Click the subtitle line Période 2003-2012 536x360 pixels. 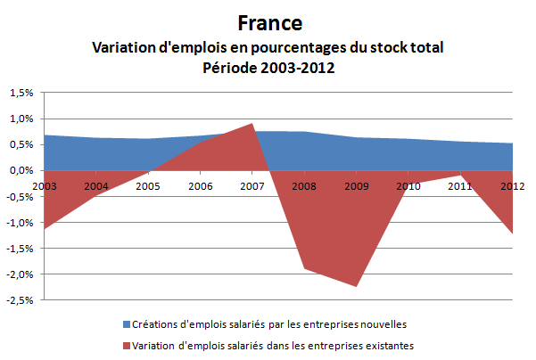pyautogui.click(x=268, y=68)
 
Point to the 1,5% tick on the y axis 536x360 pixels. pyautogui.click(x=21, y=93)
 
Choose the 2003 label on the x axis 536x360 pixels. pyautogui.click(x=45, y=185)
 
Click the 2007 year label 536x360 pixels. pyautogui.click(x=252, y=185)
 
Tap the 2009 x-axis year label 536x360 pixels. pyautogui.click(x=356, y=185)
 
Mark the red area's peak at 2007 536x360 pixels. pyautogui.click(x=252, y=124)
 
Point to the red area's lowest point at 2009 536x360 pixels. pyautogui.click(x=356, y=286)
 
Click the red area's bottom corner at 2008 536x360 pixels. pyautogui.click(x=304, y=267)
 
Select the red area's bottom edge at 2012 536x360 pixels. pyautogui.click(x=511, y=233)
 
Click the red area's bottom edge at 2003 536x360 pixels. pyautogui.click(x=45, y=228)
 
